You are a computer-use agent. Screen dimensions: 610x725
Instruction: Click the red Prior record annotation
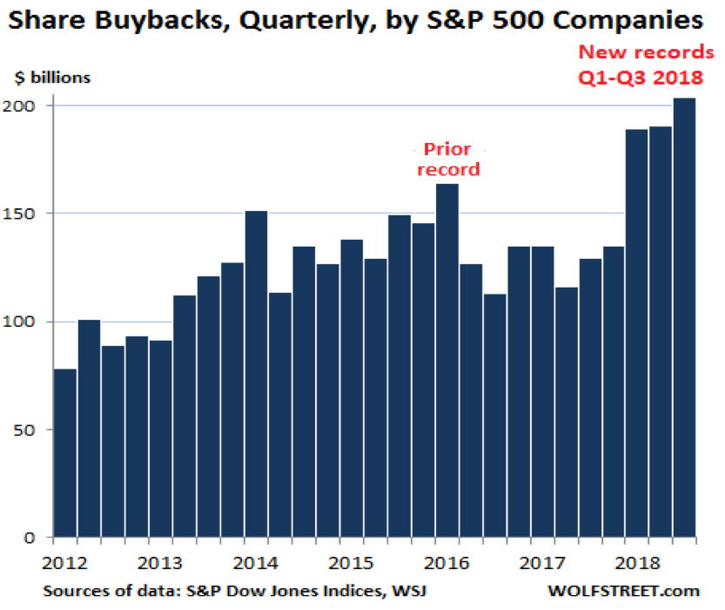(448, 159)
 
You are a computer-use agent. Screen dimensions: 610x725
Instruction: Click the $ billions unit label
(52, 77)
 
